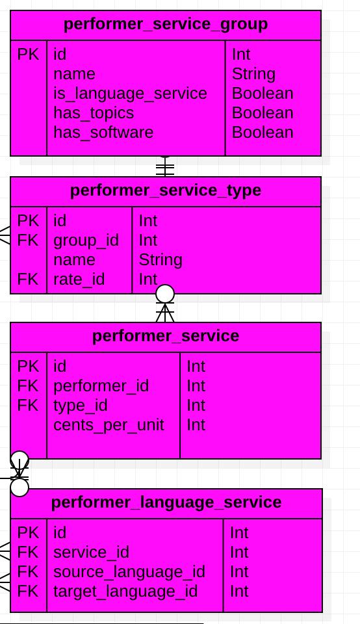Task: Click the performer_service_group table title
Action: coord(166,24)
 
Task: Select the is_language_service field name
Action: coord(130,94)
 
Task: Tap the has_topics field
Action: coord(94,113)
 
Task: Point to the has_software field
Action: coord(103,133)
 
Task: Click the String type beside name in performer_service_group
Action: coord(253,74)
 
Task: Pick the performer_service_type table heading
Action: coord(166,190)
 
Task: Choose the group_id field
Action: coord(86,240)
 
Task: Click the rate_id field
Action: coord(79,279)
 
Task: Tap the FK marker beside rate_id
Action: coord(28,279)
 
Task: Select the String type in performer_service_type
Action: coord(161,260)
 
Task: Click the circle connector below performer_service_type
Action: coord(165,294)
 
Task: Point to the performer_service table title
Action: coord(166,336)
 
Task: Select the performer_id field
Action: coord(101,386)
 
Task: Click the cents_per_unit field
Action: coord(109,425)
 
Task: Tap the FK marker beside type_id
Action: coord(28,406)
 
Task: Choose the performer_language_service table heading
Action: coord(166,502)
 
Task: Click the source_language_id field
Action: coord(129,572)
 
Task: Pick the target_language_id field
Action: coord(125,591)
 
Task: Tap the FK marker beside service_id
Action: coord(28,552)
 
